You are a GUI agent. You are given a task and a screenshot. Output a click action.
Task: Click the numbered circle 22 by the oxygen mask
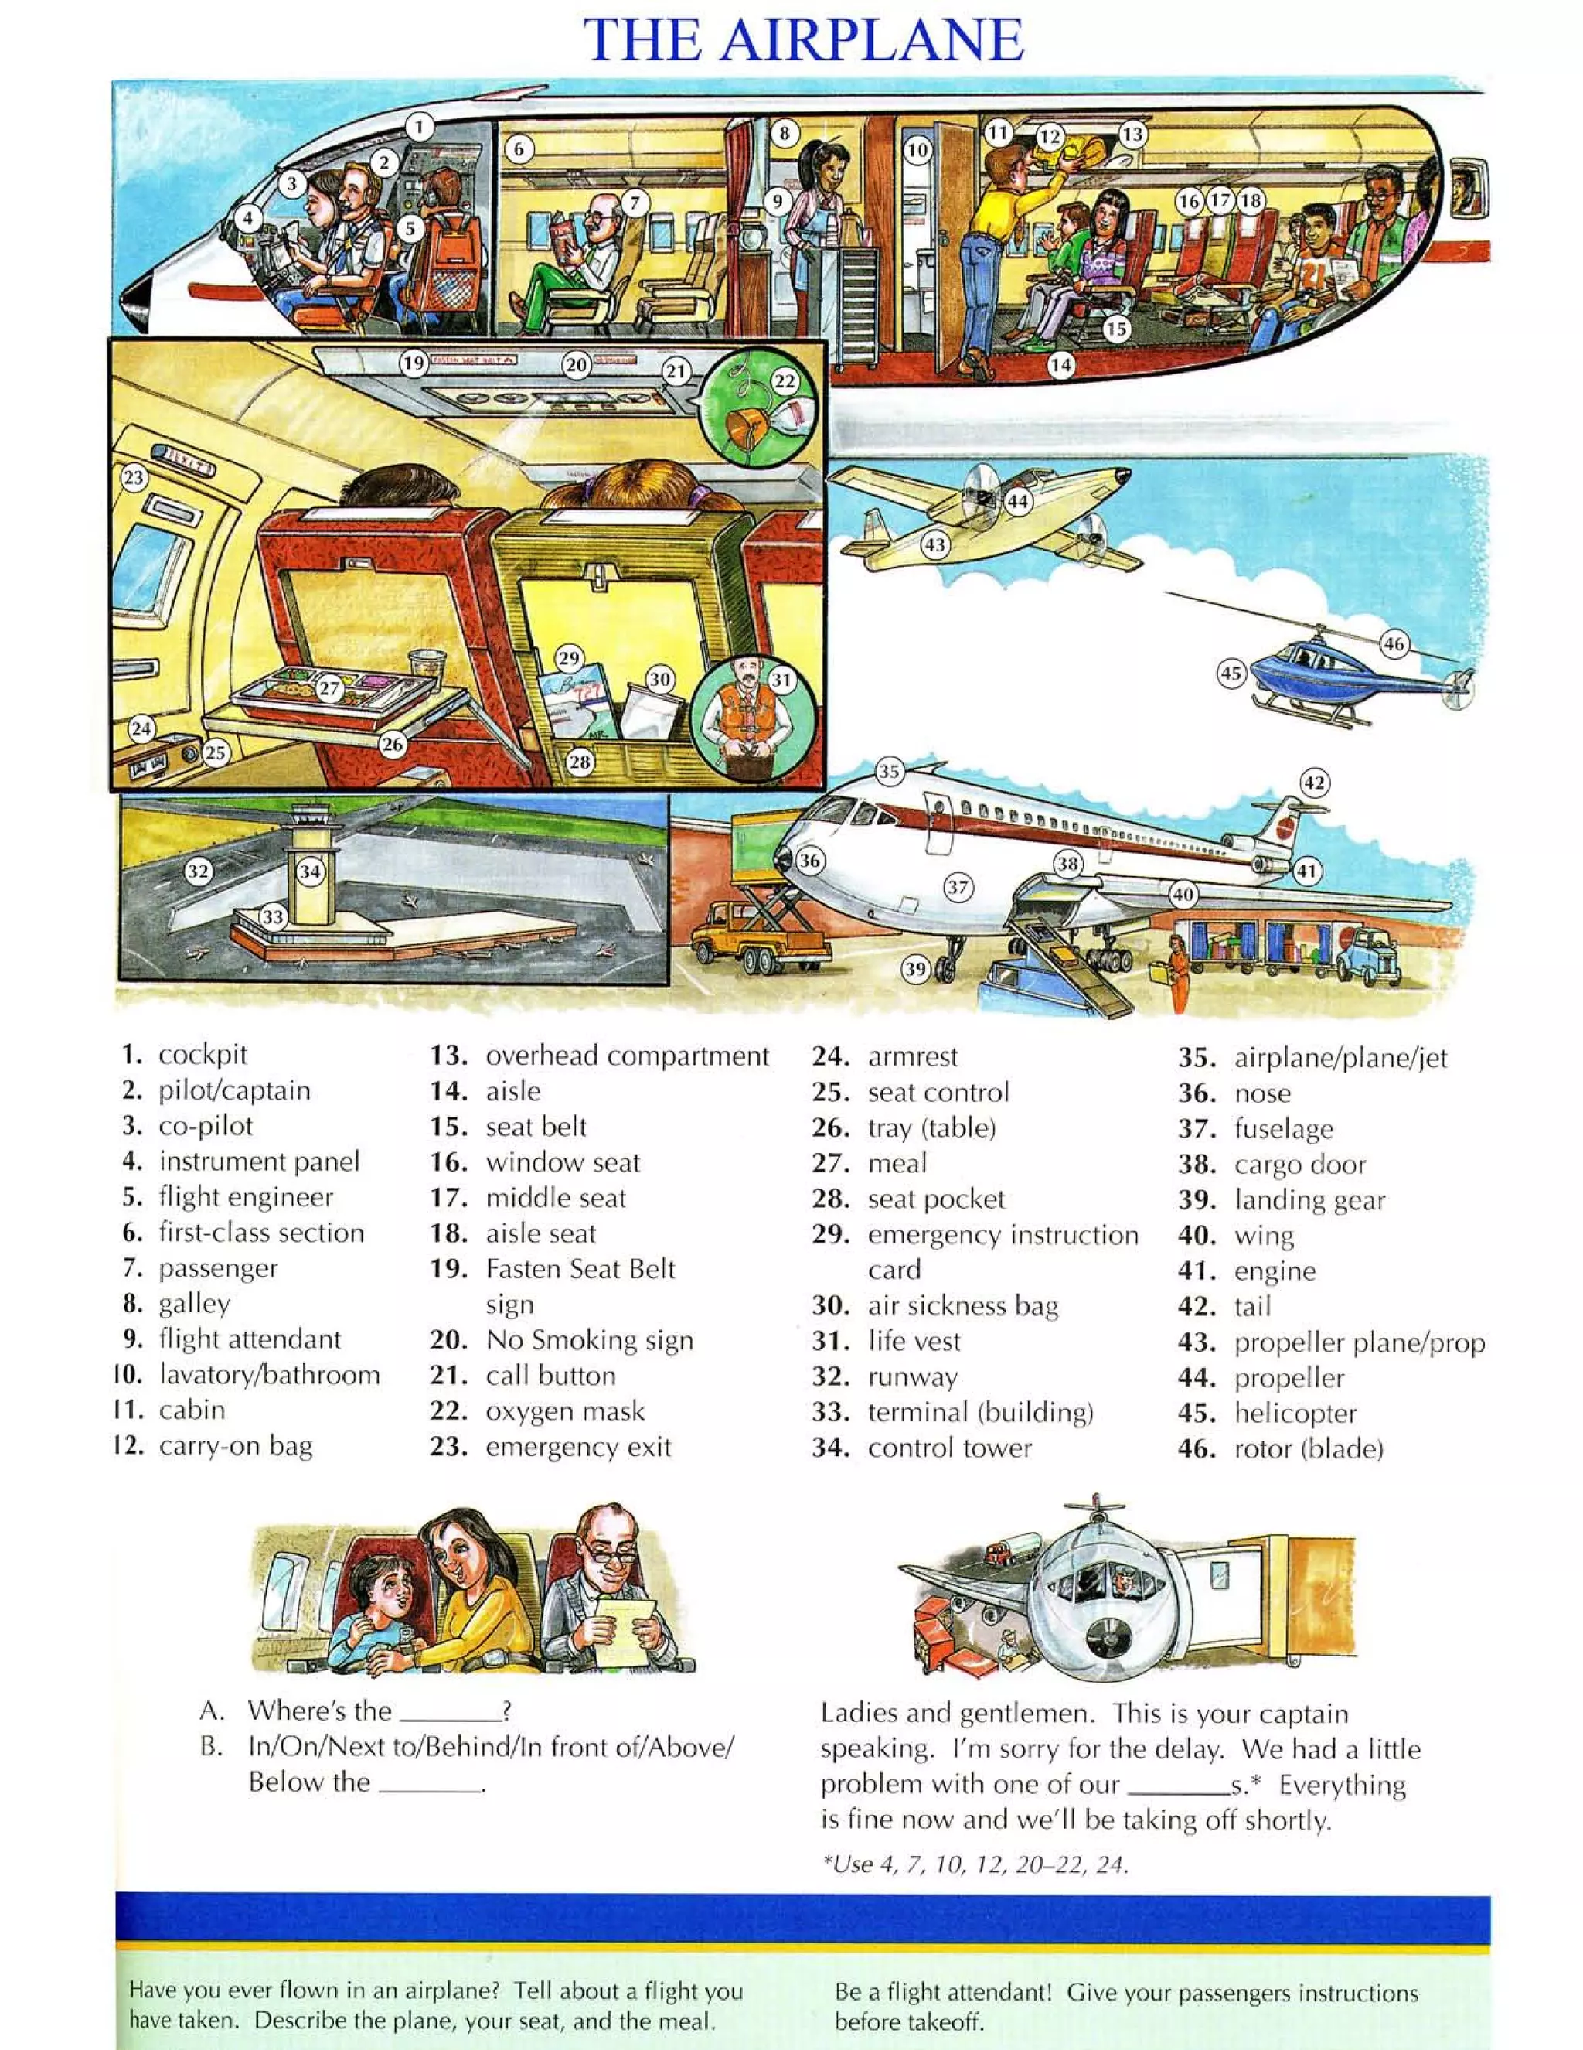tap(785, 381)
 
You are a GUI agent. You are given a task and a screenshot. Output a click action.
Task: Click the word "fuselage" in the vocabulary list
tap(1283, 1128)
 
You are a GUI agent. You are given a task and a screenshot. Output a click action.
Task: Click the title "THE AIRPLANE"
tap(803, 39)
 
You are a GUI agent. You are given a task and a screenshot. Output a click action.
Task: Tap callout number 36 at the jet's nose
tap(809, 860)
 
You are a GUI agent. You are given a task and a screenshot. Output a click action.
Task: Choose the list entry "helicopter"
tap(1295, 1413)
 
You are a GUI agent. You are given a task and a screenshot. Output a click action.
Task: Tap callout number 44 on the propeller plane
tap(1018, 501)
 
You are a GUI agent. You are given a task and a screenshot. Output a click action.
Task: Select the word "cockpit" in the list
tap(202, 1054)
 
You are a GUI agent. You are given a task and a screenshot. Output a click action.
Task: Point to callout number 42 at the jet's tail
tap(1315, 783)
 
